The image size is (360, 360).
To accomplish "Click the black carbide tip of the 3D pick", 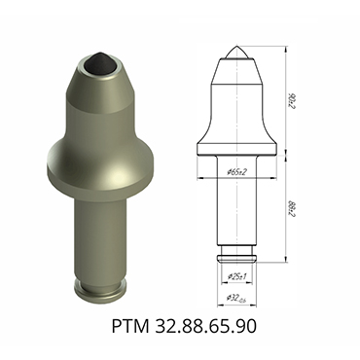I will [x=97, y=60].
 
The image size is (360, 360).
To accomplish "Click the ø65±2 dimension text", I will [x=236, y=171].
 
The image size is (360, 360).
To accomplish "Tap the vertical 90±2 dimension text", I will [x=294, y=97].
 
